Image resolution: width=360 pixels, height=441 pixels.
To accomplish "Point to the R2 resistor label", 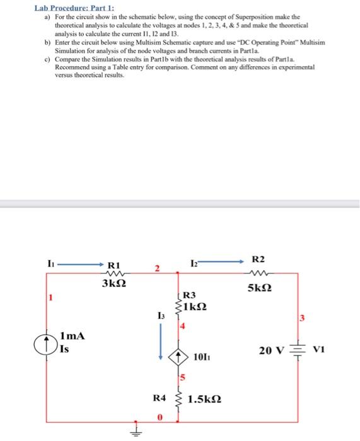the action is pyautogui.click(x=258, y=259).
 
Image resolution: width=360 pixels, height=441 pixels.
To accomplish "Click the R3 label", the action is pyautogui.click(x=189, y=294).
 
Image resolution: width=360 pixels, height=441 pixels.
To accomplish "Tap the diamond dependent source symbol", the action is pyautogui.click(x=182, y=357).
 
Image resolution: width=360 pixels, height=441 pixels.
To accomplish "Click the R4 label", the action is pyautogui.click(x=160, y=398).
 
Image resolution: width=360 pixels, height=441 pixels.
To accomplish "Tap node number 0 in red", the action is pyautogui.click(x=160, y=416).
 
